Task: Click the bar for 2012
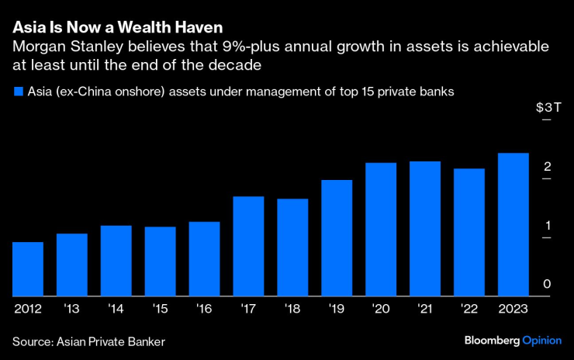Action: [28, 269]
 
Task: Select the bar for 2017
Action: [248, 246]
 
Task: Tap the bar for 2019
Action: [337, 238]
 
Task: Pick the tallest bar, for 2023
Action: [513, 224]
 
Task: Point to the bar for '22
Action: [469, 232]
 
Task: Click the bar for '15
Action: [160, 261]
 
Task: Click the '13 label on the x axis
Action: [71, 308]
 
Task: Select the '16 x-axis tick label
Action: [204, 308]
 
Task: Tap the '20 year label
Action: [380, 308]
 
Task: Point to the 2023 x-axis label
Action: [513, 308]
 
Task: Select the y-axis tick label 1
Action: [547, 226]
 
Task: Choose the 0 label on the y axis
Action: [547, 285]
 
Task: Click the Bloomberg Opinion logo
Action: [513, 341]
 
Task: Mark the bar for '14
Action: [116, 261]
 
